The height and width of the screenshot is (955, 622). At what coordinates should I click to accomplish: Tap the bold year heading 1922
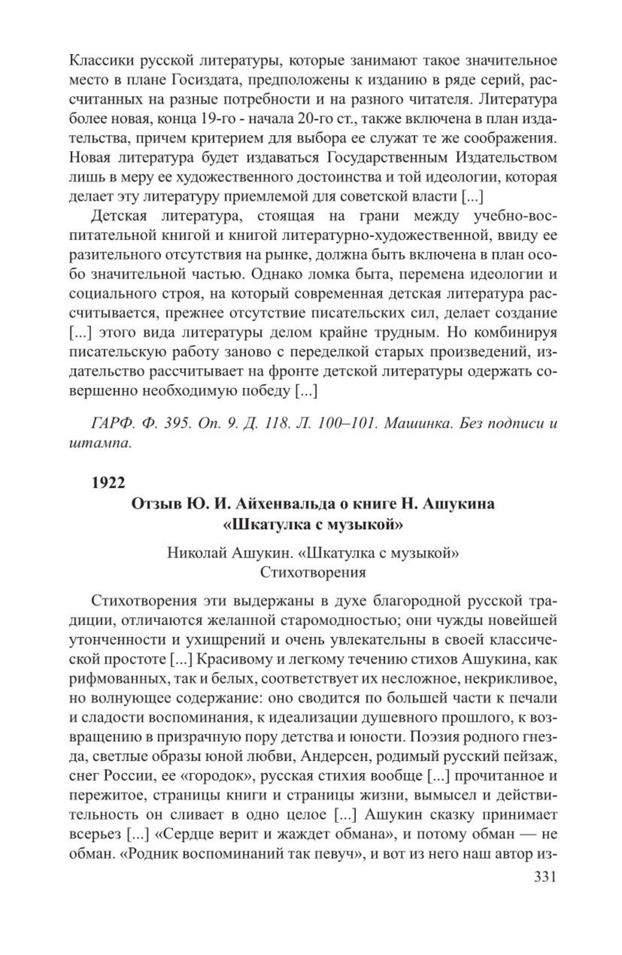pyautogui.click(x=109, y=482)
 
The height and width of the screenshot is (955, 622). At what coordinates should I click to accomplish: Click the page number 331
pyautogui.click(x=542, y=877)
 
